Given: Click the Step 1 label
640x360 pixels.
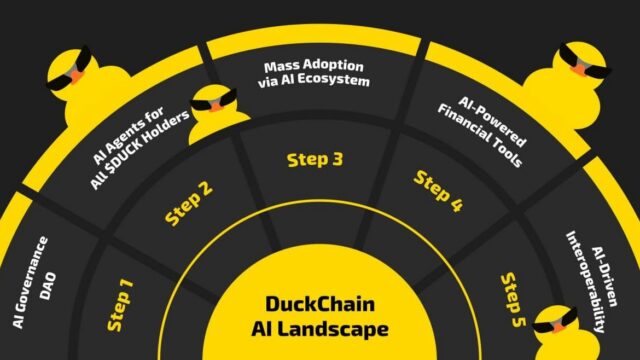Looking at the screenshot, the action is (x=121, y=305).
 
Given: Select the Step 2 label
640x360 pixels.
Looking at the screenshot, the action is (x=189, y=203).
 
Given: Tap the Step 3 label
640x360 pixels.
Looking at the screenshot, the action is (x=315, y=160).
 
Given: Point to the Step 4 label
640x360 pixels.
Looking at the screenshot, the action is (x=439, y=191).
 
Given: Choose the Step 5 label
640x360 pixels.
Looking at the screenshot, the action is (x=514, y=300).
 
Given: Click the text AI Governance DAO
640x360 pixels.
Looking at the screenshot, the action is (x=35, y=282).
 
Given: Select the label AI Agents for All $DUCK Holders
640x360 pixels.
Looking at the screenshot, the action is (x=138, y=146).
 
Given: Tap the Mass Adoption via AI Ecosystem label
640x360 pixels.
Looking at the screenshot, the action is (x=314, y=73).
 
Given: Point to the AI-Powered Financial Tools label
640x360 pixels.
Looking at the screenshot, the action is (x=482, y=131).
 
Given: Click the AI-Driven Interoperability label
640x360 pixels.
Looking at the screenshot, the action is (x=592, y=282).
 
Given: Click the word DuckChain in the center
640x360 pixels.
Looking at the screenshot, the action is (x=320, y=304).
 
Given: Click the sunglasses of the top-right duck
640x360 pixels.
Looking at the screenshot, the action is (x=584, y=61).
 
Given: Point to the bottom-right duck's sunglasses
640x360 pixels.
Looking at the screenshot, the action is (x=554, y=322).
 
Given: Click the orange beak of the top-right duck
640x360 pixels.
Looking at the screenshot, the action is (x=579, y=68).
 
